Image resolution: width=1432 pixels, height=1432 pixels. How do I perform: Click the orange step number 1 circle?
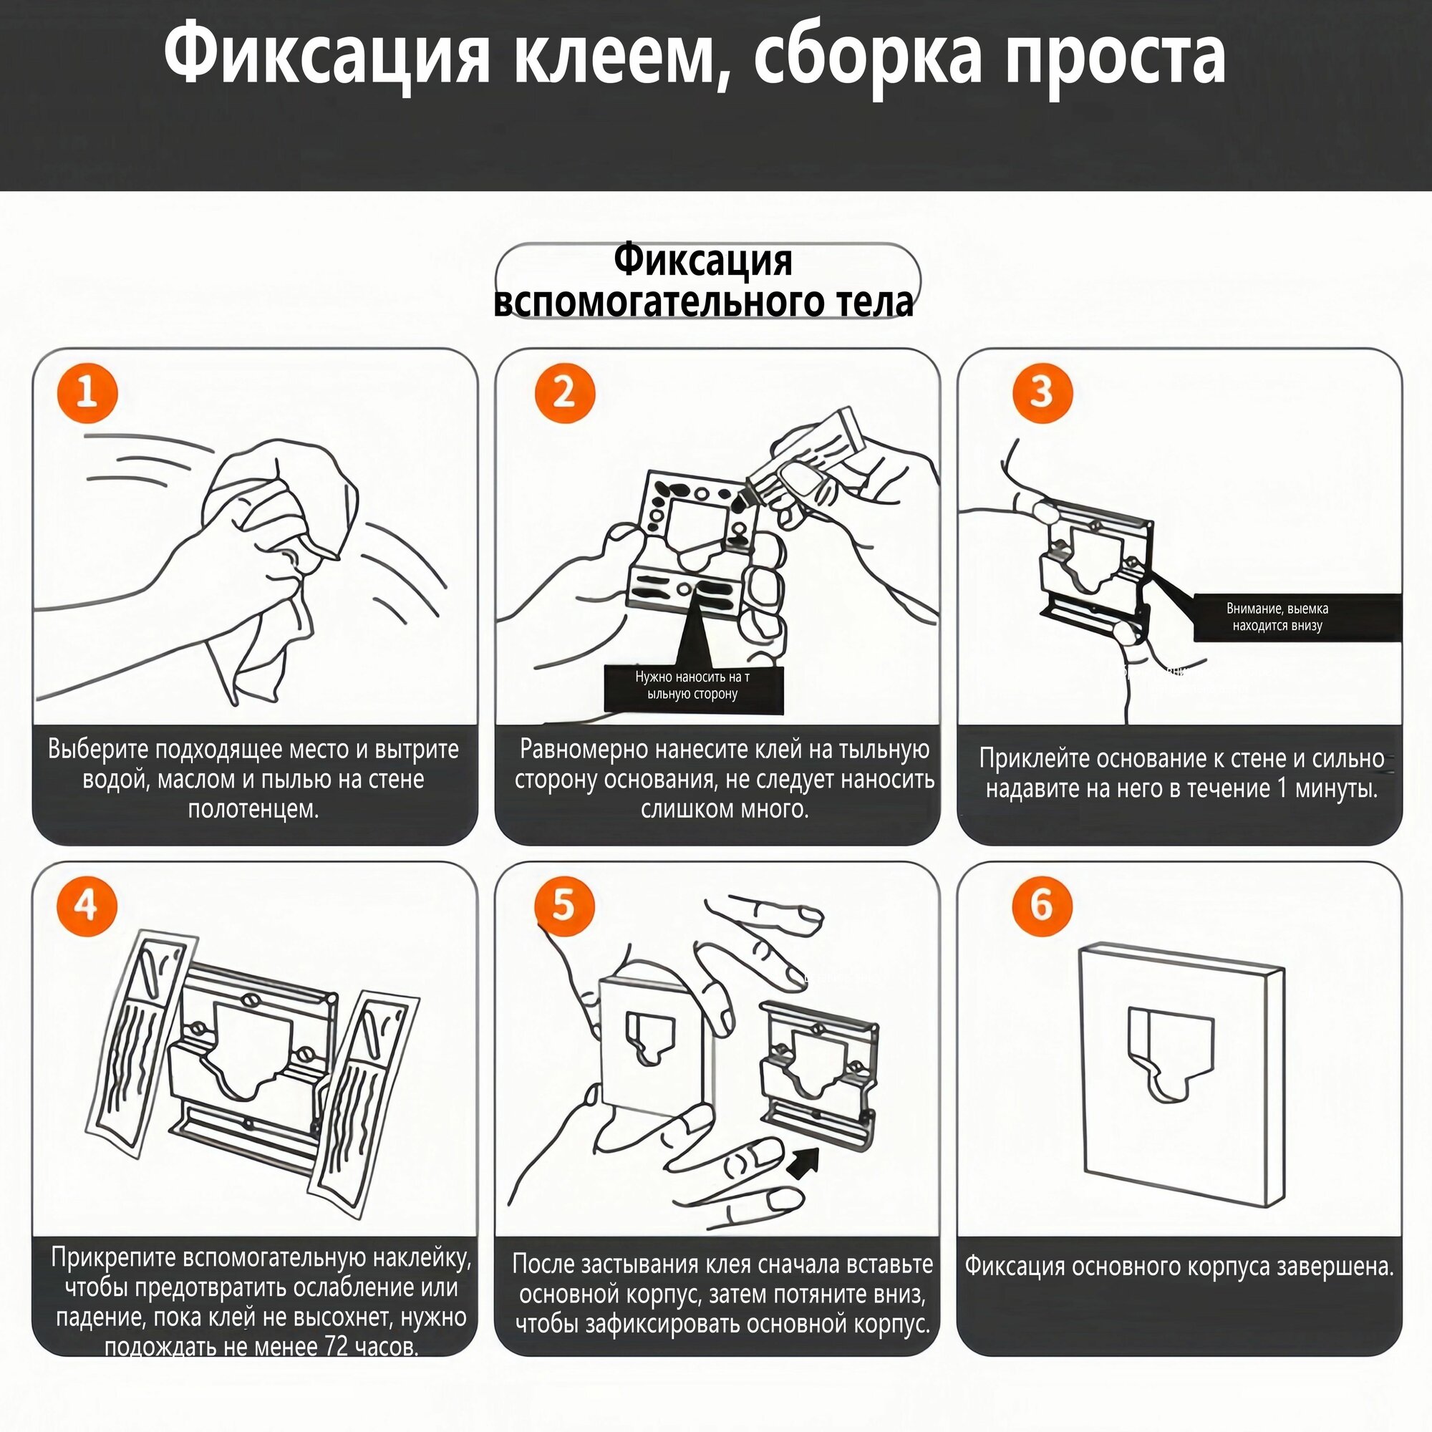(x=87, y=392)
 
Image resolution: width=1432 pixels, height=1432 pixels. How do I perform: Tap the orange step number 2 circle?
(x=565, y=392)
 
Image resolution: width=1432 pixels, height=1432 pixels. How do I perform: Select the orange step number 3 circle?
(x=1042, y=392)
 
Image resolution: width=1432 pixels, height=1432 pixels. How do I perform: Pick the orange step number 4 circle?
(x=87, y=906)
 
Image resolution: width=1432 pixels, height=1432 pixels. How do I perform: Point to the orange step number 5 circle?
(x=565, y=906)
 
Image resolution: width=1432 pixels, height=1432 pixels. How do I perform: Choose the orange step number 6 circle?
(x=1042, y=906)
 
